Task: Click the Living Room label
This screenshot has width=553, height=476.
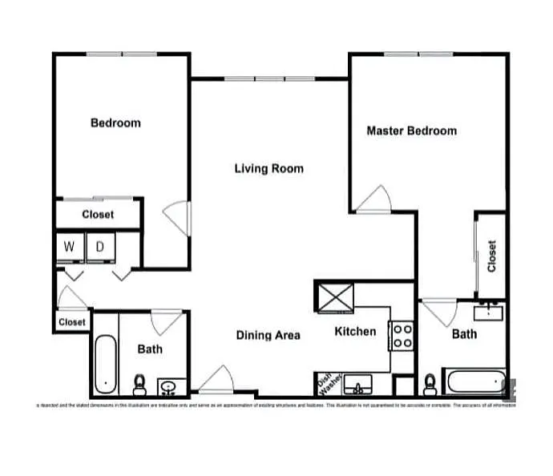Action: point(268,168)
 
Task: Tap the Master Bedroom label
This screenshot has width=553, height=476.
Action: point(411,131)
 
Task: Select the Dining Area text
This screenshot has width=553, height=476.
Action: point(268,335)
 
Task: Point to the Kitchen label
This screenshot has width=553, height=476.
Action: point(355,331)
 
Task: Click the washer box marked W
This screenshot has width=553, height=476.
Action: point(70,247)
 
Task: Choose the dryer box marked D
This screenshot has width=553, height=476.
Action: point(100,247)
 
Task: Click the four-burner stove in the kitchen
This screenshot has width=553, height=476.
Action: point(402,336)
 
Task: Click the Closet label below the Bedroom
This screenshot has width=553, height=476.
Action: point(98,215)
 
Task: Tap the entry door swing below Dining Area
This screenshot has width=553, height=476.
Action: point(215,380)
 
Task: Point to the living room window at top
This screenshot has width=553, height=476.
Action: point(268,79)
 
